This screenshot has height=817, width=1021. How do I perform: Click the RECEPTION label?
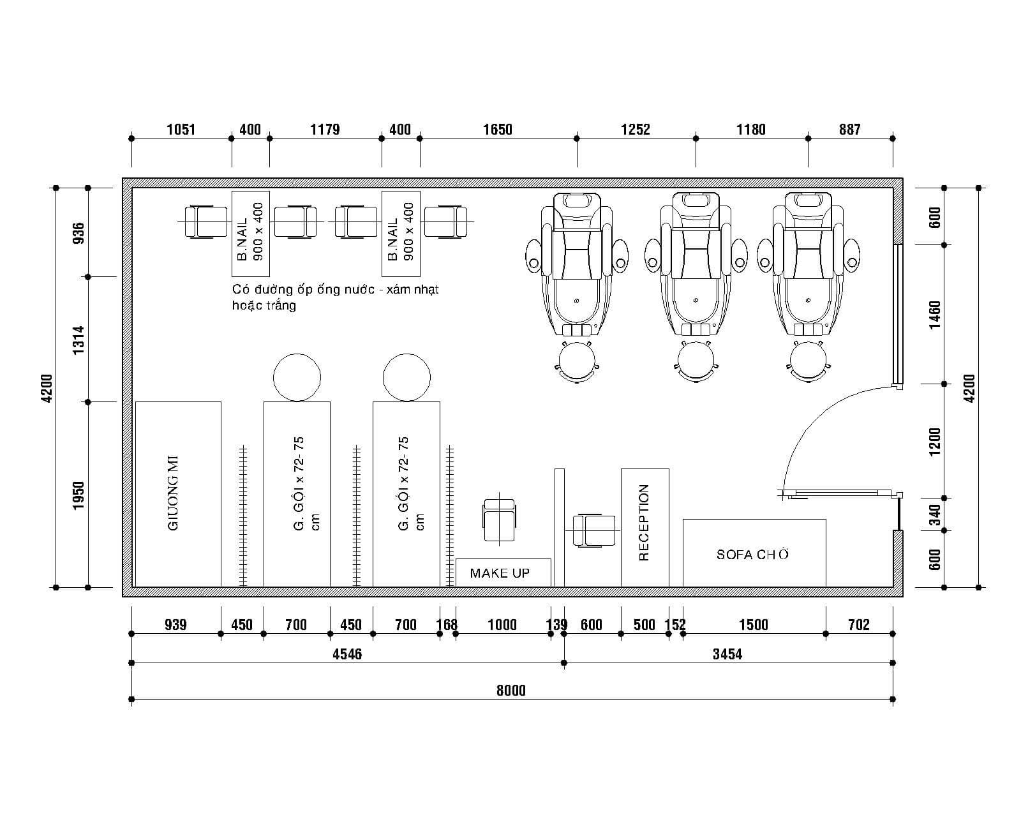tap(644, 523)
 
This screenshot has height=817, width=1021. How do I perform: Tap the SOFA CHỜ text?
tap(752, 555)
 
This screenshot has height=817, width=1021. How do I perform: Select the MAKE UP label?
tap(500, 573)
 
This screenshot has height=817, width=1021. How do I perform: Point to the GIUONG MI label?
tap(173, 493)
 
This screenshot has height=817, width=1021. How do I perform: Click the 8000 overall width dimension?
tap(511, 690)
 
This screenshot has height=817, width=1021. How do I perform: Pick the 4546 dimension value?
tap(347, 654)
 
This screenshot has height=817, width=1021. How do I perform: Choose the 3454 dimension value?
tap(727, 654)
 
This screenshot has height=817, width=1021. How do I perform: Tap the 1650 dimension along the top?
tap(498, 130)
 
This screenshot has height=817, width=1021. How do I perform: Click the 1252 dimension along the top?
tap(636, 130)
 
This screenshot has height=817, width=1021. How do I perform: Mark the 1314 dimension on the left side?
tap(78, 340)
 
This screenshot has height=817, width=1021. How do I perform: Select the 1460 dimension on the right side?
tap(935, 315)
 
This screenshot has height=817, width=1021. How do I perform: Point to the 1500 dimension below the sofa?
tap(754, 625)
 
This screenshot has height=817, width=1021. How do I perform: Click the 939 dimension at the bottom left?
tap(175, 625)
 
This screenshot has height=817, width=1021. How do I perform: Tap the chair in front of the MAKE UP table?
tap(499, 520)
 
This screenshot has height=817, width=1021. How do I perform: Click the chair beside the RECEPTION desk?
tap(593, 530)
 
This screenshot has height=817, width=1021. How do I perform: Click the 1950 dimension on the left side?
tap(78, 495)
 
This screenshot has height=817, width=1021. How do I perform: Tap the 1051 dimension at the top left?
tap(181, 130)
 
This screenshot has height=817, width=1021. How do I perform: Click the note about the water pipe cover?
tap(335, 297)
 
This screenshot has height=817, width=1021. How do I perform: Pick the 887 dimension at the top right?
tap(850, 130)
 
